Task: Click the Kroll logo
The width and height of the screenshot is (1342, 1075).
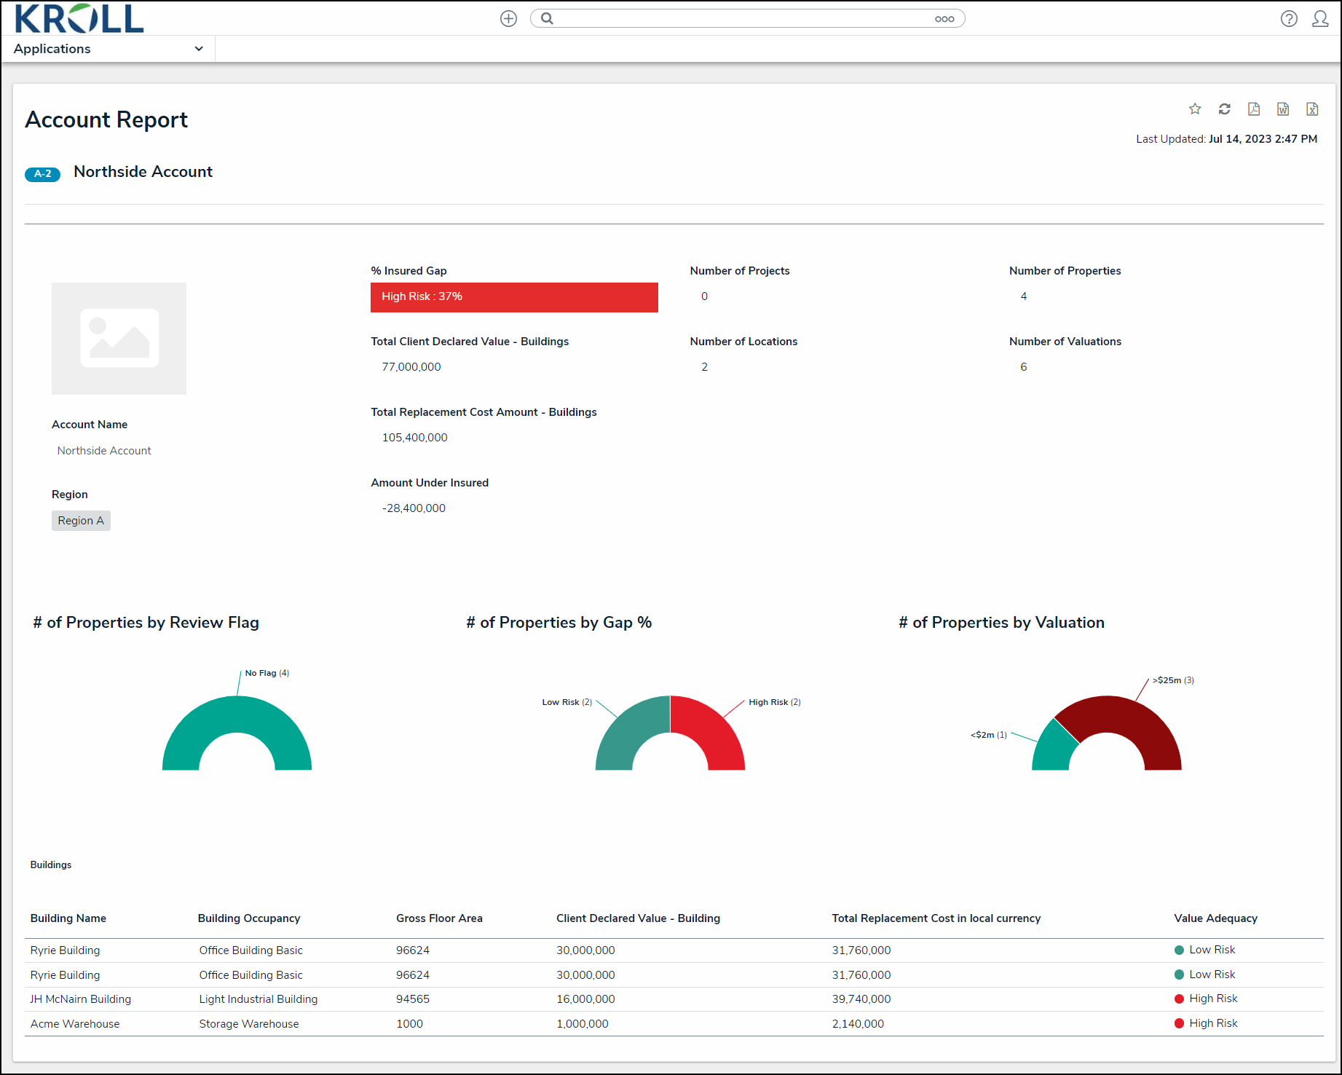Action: [79, 18]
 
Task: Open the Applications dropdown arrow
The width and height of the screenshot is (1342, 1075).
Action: [199, 49]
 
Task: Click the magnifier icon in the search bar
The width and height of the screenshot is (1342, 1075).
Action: [548, 18]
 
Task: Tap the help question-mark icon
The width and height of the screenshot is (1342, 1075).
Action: [1289, 18]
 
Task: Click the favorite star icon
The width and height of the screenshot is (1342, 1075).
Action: [1195, 109]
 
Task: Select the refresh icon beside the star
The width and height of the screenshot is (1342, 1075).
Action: [1225, 109]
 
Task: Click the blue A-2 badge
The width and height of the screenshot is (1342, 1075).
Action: [42, 174]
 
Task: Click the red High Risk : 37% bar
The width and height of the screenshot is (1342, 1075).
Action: [514, 297]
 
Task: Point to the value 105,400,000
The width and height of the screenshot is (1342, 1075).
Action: [414, 438]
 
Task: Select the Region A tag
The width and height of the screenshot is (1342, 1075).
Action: [81, 521]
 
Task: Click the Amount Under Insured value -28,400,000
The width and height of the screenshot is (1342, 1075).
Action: [414, 508]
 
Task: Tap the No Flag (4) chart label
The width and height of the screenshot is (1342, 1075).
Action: [267, 673]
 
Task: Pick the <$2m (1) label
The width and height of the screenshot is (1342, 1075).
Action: [989, 735]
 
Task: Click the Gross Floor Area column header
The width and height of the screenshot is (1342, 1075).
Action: [439, 918]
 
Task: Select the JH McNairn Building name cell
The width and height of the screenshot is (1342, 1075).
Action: [81, 999]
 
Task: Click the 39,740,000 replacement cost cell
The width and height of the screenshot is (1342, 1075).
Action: [861, 999]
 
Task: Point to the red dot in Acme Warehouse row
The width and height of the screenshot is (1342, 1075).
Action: [1179, 1023]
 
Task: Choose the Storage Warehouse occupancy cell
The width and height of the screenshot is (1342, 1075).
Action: [249, 1024]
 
